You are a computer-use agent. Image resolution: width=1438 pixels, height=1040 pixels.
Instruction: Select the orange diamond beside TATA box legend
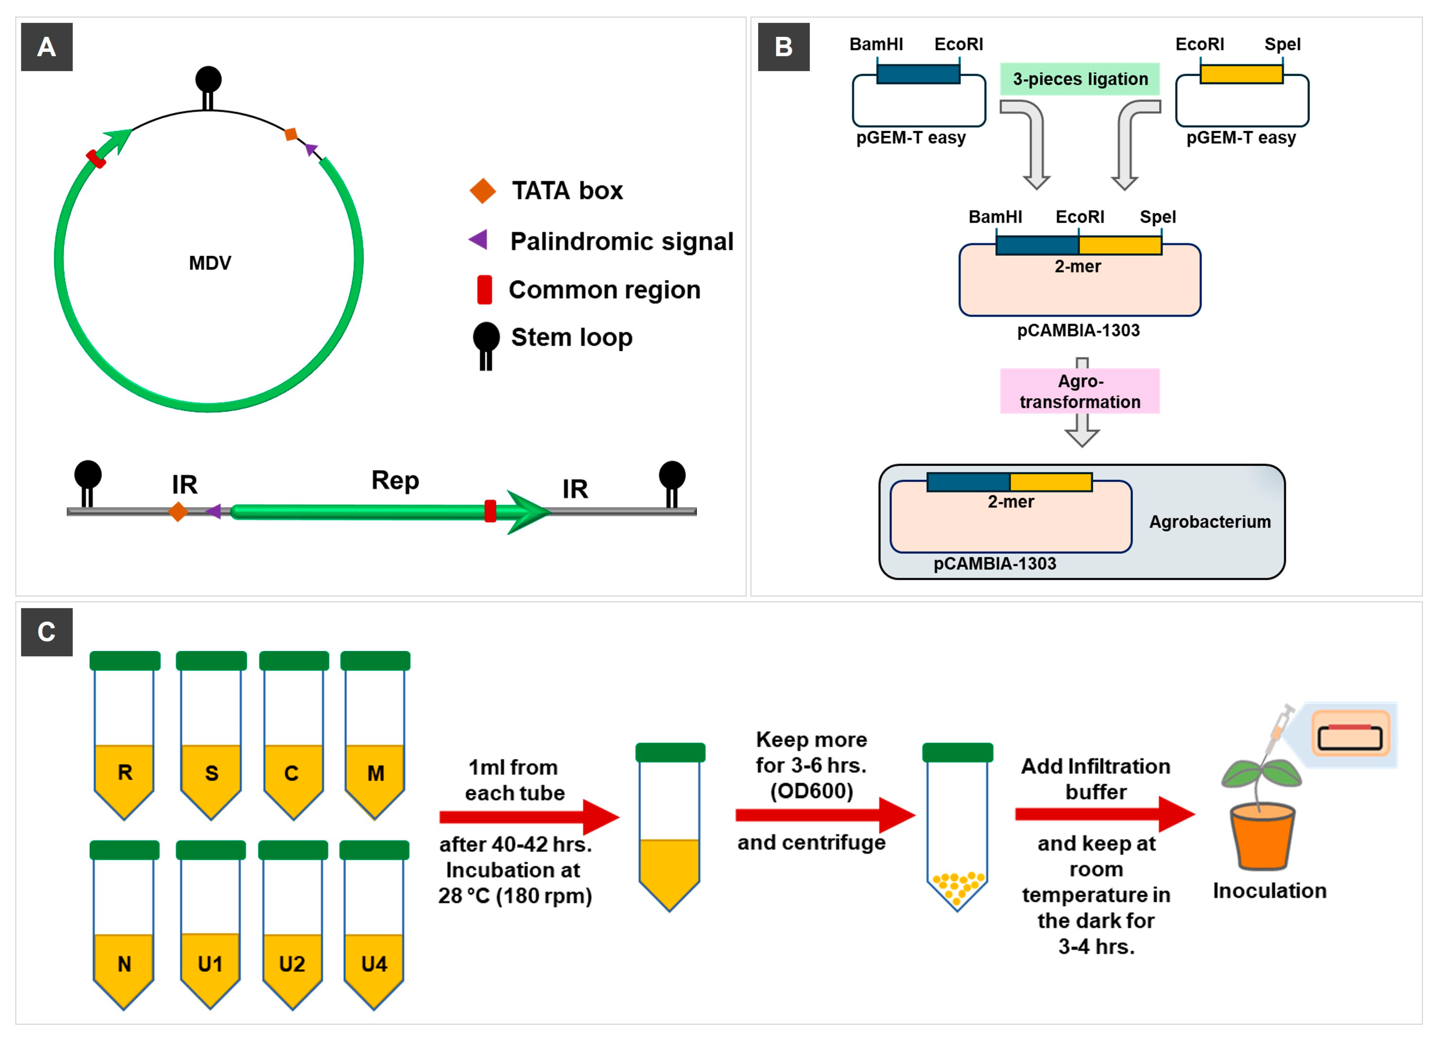[x=483, y=190]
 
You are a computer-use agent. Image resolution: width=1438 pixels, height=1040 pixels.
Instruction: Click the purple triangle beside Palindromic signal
[x=478, y=239]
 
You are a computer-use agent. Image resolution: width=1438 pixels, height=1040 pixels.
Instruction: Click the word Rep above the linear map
[x=395, y=480]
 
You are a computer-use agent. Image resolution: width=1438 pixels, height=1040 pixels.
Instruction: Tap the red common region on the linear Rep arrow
[x=490, y=511]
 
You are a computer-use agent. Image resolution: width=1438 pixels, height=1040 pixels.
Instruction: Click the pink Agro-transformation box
[x=1080, y=391]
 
